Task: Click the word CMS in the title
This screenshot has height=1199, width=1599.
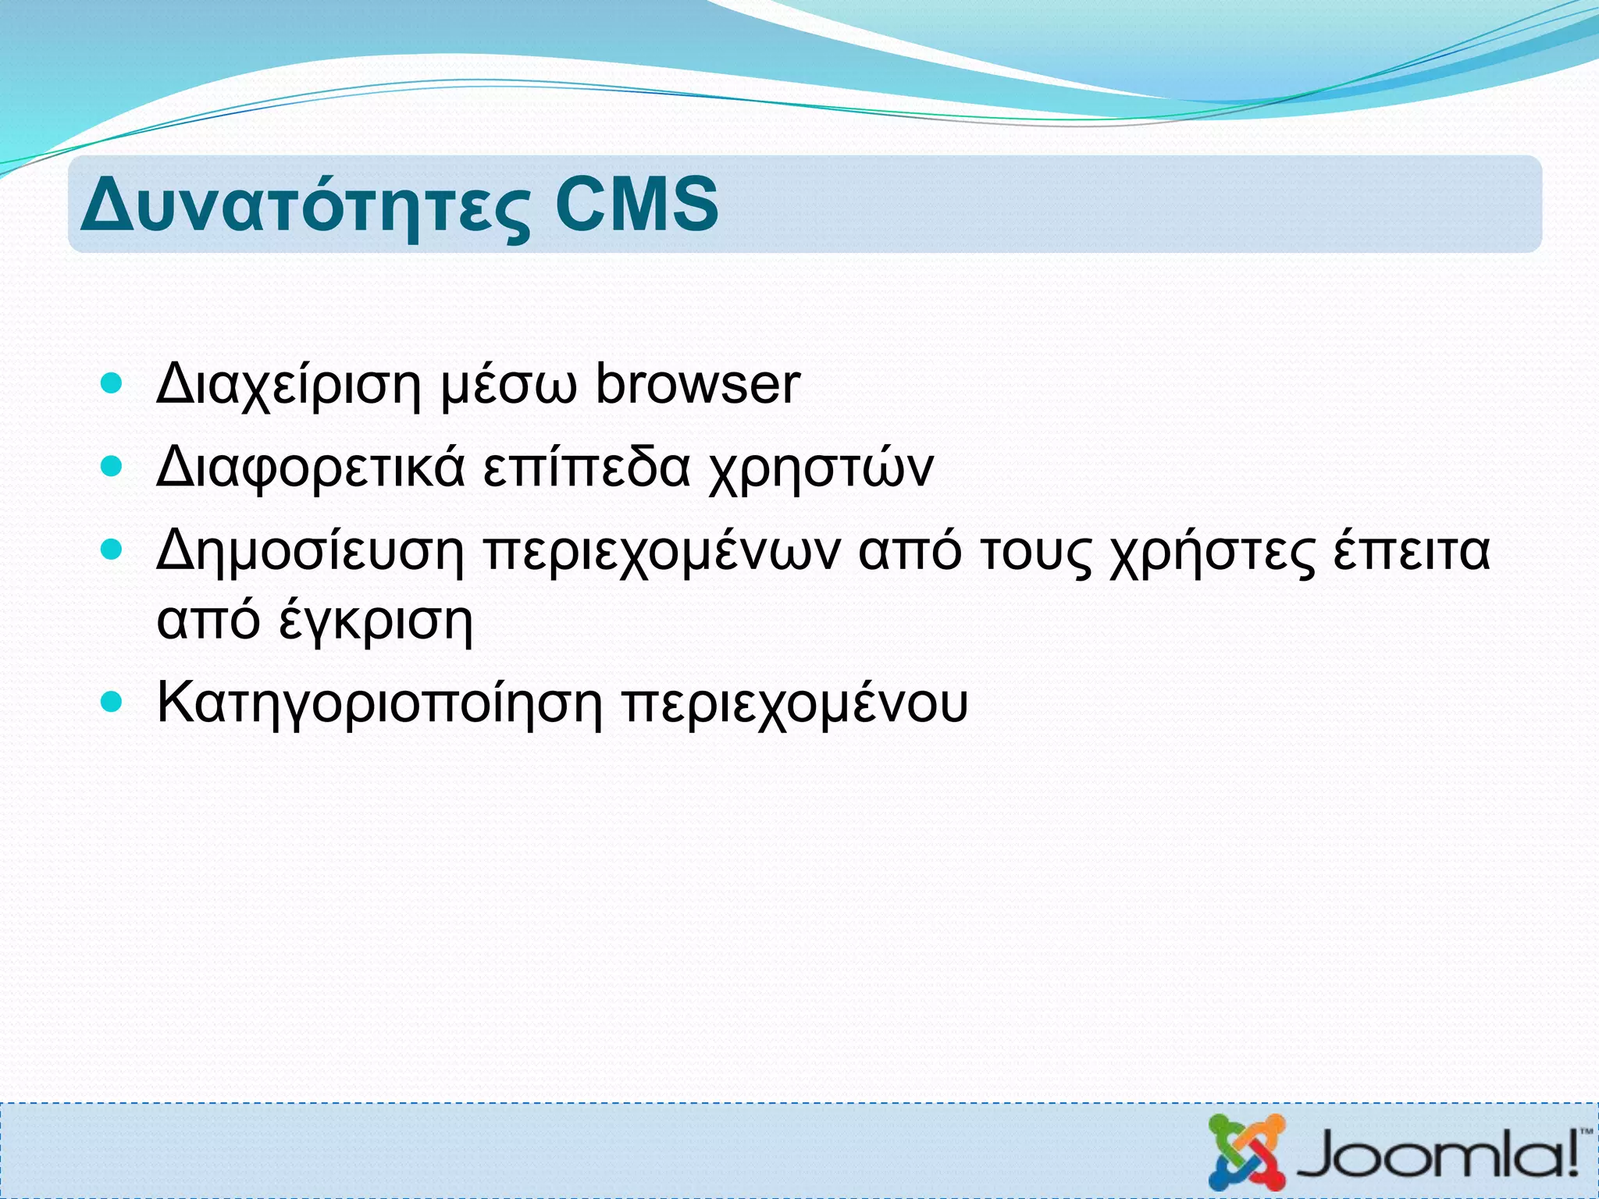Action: pyautogui.click(x=636, y=204)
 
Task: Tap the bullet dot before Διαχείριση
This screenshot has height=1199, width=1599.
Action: pyautogui.click(x=112, y=383)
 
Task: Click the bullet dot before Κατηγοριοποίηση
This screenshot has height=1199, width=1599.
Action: pyautogui.click(x=112, y=702)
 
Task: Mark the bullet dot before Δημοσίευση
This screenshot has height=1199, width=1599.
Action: pyautogui.click(x=112, y=550)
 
